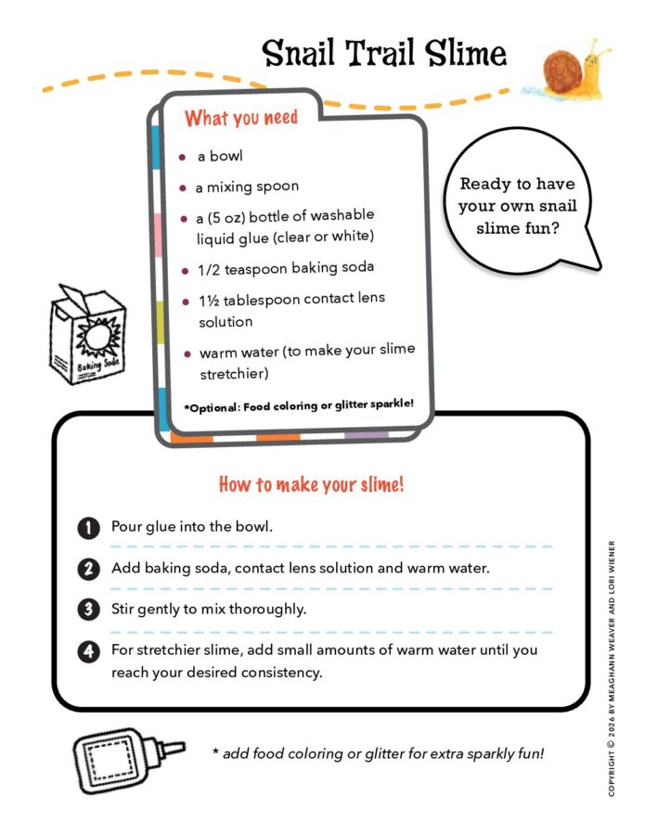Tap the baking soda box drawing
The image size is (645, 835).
pyautogui.click(x=89, y=335)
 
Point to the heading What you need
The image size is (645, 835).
pyautogui.click(x=241, y=118)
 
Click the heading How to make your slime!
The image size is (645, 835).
pyautogui.click(x=311, y=484)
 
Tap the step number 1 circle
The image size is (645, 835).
pyautogui.click(x=87, y=528)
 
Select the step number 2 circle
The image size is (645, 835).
pyautogui.click(x=87, y=569)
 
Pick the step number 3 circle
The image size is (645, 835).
pyautogui.click(x=87, y=610)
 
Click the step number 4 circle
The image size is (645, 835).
pyautogui.click(x=87, y=651)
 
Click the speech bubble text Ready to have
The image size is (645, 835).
pyautogui.click(x=518, y=184)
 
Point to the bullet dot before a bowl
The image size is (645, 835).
pyautogui.click(x=183, y=156)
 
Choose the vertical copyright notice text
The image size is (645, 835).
pyautogui.click(x=612, y=668)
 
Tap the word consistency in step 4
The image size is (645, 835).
pyautogui.click(x=278, y=672)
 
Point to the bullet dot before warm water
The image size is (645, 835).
pyautogui.click(x=187, y=353)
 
